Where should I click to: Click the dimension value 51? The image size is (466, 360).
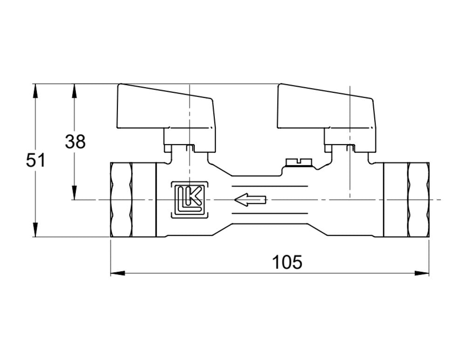pyautogui.click(x=35, y=160)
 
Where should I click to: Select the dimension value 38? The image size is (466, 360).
pyautogui.click(x=75, y=141)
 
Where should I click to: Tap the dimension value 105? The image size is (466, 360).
pyautogui.click(x=287, y=262)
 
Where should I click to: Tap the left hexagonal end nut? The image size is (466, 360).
pyautogui.click(x=121, y=200)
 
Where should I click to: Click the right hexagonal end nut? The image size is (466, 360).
pyautogui.click(x=418, y=200)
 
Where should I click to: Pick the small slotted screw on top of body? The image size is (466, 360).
pyautogui.click(x=298, y=161)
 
